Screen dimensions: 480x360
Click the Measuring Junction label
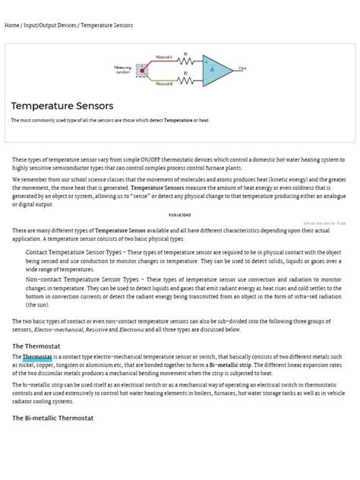point(123,70)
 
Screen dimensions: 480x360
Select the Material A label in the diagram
point(163,57)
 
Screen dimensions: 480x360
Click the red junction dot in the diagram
point(141,71)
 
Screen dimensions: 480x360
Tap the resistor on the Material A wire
point(185,61)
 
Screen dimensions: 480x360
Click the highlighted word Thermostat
point(37,356)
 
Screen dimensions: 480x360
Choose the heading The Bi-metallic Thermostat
point(60,418)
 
